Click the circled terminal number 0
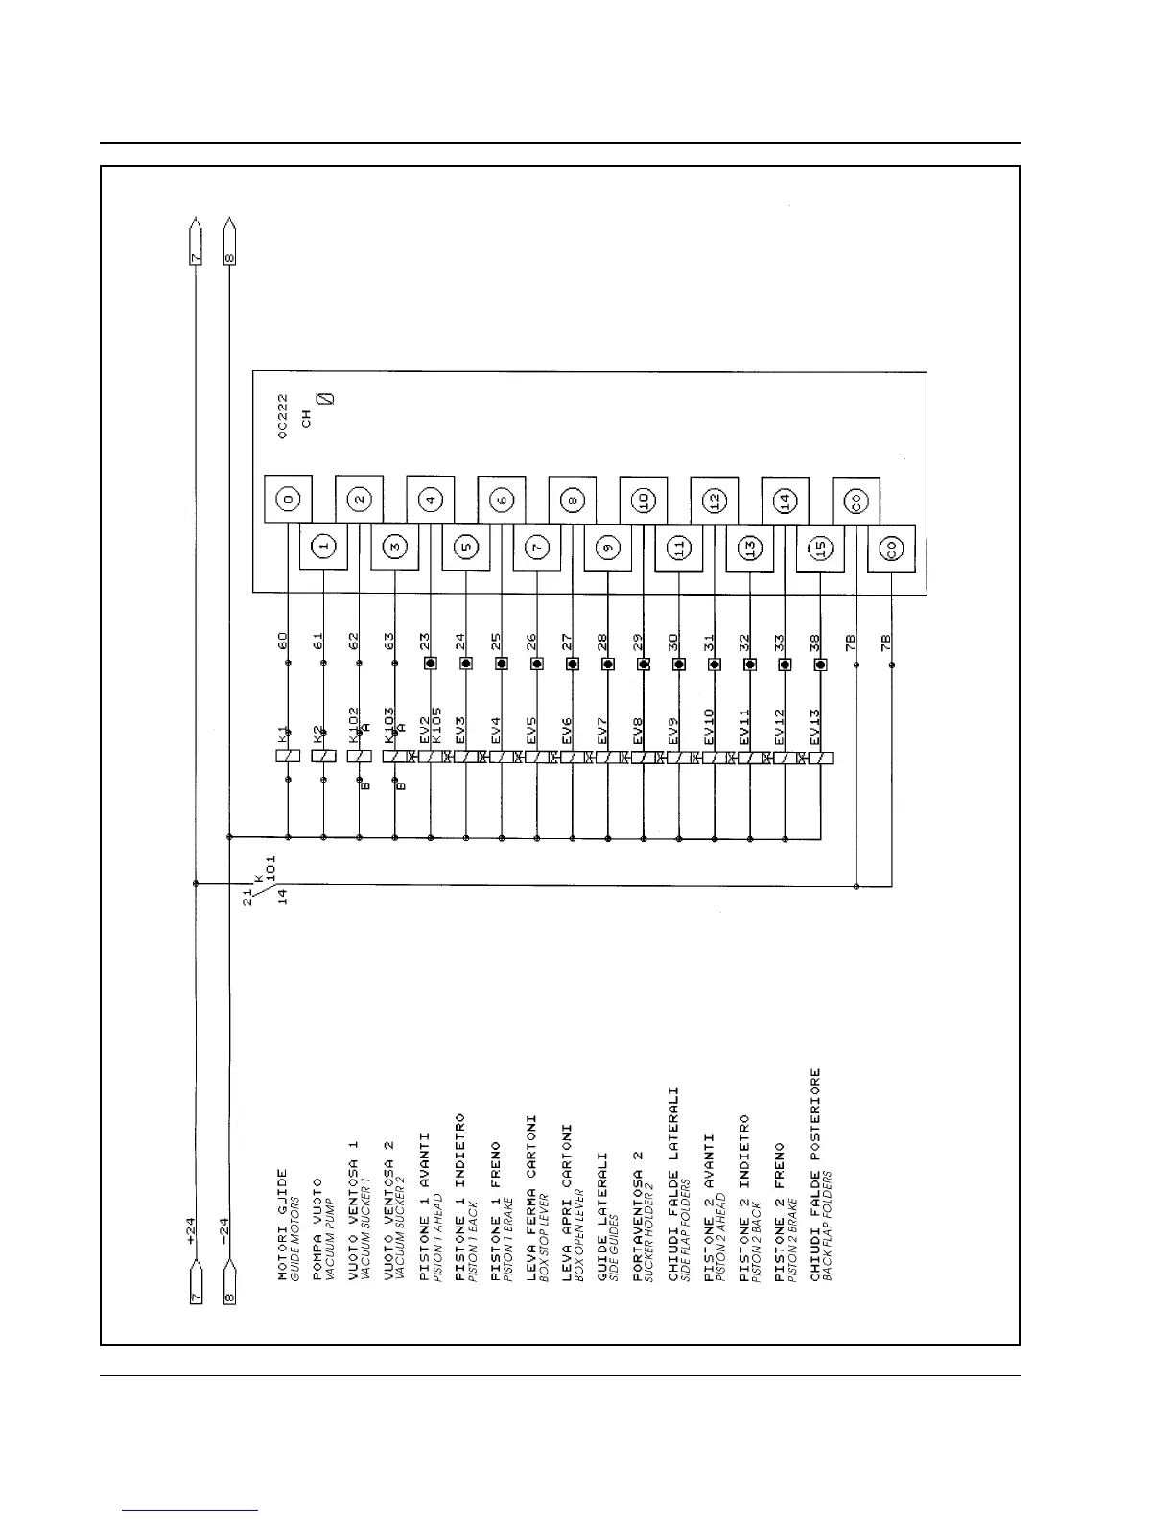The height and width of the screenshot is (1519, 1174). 288,500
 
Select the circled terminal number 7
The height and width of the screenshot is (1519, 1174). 537,548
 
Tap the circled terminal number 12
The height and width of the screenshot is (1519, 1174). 714,500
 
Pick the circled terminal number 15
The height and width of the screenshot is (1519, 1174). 820,548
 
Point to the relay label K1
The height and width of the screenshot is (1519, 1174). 283,736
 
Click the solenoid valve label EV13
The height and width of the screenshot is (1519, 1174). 815,727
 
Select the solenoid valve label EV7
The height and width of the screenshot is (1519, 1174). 602,731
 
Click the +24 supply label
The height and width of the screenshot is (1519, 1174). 190,1230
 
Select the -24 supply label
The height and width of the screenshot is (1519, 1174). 225,1230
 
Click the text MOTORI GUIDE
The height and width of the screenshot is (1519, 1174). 283,1225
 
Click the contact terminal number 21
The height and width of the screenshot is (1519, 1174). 247,898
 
